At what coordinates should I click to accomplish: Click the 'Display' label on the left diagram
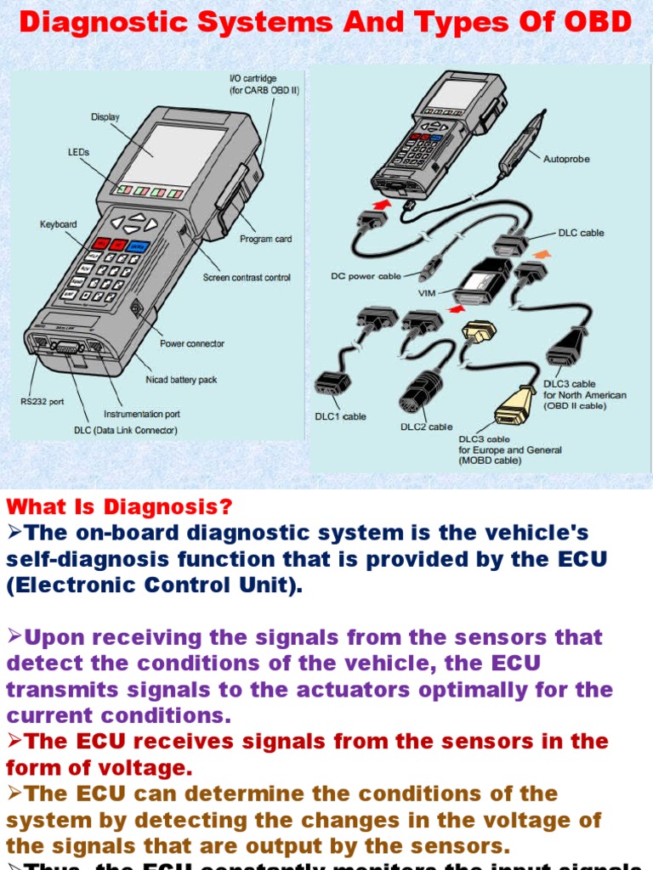[105, 117]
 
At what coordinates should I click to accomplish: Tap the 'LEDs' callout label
[79, 152]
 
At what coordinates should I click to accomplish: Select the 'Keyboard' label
[58, 224]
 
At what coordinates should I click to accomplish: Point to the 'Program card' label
[265, 239]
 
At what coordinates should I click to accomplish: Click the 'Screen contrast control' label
[246, 278]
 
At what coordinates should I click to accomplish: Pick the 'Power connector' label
[192, 343]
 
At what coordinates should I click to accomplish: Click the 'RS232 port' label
[43, 402]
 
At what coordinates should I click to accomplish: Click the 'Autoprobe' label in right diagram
[566, 159]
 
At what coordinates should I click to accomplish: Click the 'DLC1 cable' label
[340, 416]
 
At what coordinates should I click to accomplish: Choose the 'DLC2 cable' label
[427, 427]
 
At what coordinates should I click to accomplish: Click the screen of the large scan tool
[174, 150]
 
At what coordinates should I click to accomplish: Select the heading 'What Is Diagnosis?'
[119, 507]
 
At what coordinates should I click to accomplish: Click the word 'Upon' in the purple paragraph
[52, 637]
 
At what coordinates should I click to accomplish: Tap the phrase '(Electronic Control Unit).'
[154, 586]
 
